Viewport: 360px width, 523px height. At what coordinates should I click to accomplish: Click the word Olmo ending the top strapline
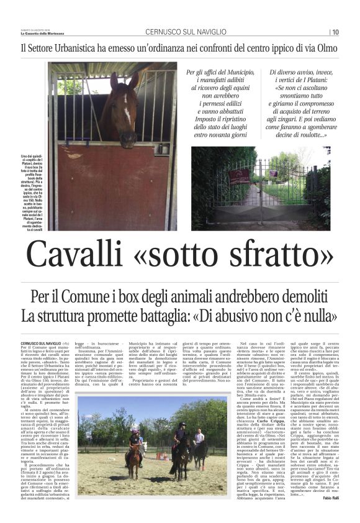pos(324,48)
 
